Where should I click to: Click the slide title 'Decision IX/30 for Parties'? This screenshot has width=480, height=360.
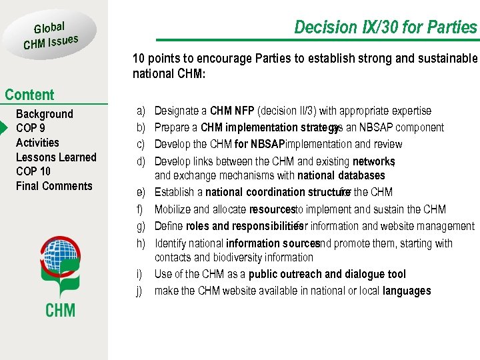coord(385,27)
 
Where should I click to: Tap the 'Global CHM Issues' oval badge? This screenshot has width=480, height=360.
coord(51,35)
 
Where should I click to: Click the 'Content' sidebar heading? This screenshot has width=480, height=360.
coord(29,95)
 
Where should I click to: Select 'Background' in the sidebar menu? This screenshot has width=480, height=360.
coord(44,114)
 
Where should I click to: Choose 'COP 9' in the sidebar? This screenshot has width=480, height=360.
coord(31,128)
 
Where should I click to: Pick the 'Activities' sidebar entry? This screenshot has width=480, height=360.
coord(37,143)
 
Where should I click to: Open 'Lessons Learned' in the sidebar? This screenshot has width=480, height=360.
coord(56,157)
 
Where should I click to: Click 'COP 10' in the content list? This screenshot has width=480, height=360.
coord(33,171)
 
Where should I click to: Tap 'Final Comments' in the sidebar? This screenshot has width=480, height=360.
coord(54,186)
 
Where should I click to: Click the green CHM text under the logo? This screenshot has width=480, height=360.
coord(60,310)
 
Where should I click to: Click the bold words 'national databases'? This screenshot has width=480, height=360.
coord(341,176)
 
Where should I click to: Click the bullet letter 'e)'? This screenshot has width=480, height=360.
coord(141,193)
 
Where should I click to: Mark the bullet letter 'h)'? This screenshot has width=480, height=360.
coord(141,243)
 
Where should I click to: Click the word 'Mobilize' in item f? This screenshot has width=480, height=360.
coord(173,209)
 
